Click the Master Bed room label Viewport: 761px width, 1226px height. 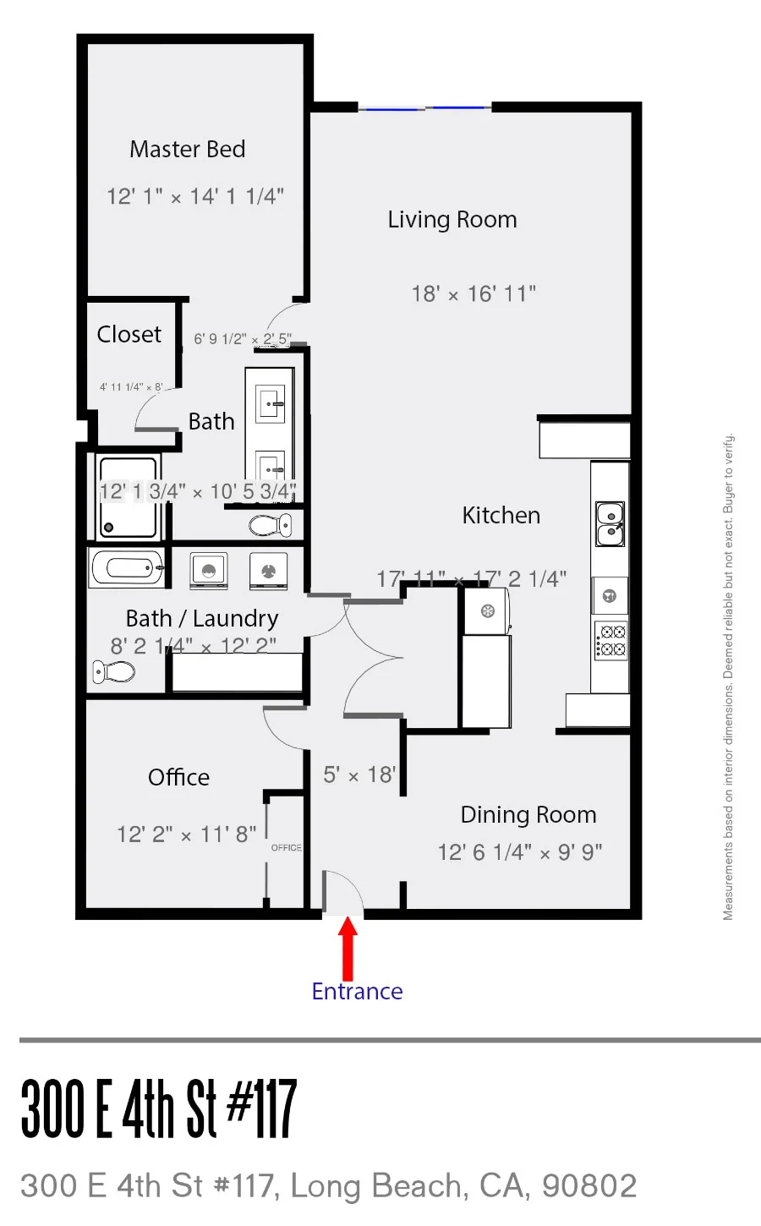[187, 150]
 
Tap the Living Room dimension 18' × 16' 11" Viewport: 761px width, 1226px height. [474, 294]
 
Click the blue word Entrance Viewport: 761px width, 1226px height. [357, 991]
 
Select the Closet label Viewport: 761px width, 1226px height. [129, 335]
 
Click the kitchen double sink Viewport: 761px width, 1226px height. [610, 524]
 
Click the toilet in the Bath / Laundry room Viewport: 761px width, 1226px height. [114, 672]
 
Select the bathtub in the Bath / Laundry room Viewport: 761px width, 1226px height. [128, 568]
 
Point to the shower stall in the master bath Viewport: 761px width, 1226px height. [128, 497]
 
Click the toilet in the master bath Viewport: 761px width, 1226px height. [271, 525]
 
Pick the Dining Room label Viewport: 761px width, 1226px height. [528, 815]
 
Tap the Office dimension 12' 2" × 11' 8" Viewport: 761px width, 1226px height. [186, 835]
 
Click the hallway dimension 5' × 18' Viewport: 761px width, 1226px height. [359, 775]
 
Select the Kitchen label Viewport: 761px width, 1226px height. [501, 516]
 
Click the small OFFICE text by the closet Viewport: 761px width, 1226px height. [286, 848]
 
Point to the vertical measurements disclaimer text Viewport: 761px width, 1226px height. [728, 676]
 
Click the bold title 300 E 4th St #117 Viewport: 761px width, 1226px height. [159, 1108]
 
